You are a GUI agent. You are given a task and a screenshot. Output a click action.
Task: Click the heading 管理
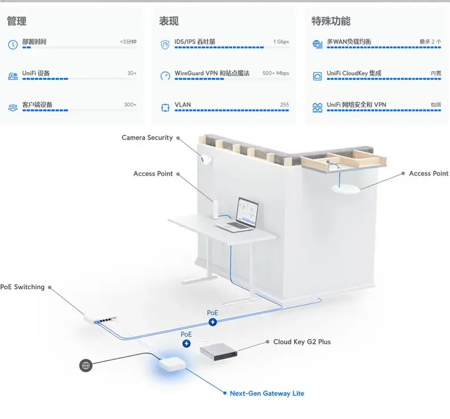click(17, 22)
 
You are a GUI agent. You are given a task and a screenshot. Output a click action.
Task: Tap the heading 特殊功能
click(331, 22)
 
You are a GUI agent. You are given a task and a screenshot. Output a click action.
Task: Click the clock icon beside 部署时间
click(13, 44)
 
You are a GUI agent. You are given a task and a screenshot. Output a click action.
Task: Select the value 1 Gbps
click(281, 42)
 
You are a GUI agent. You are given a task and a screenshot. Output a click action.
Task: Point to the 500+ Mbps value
click(276, 73)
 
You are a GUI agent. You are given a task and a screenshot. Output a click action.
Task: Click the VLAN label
click(183, 105)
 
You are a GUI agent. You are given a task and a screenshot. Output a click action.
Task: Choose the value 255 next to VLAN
click(284, 105)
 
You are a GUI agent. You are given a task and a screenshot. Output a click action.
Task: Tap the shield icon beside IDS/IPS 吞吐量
click(165, 44)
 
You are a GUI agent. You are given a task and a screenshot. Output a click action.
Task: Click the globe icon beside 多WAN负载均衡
click(317, 44)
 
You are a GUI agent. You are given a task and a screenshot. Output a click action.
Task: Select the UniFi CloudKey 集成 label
click(354, 73)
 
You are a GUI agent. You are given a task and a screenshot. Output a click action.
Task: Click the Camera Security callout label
click(147, 138)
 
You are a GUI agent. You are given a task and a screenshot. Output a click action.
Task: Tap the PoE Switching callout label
click(22, 287)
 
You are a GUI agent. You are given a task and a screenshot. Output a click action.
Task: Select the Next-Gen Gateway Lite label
click(267, 393)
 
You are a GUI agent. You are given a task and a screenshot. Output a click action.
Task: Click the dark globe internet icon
click(86, 365)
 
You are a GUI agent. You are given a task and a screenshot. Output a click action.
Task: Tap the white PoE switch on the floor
click(103, 319)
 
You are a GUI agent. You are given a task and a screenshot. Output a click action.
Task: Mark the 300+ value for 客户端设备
click(130, 105)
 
